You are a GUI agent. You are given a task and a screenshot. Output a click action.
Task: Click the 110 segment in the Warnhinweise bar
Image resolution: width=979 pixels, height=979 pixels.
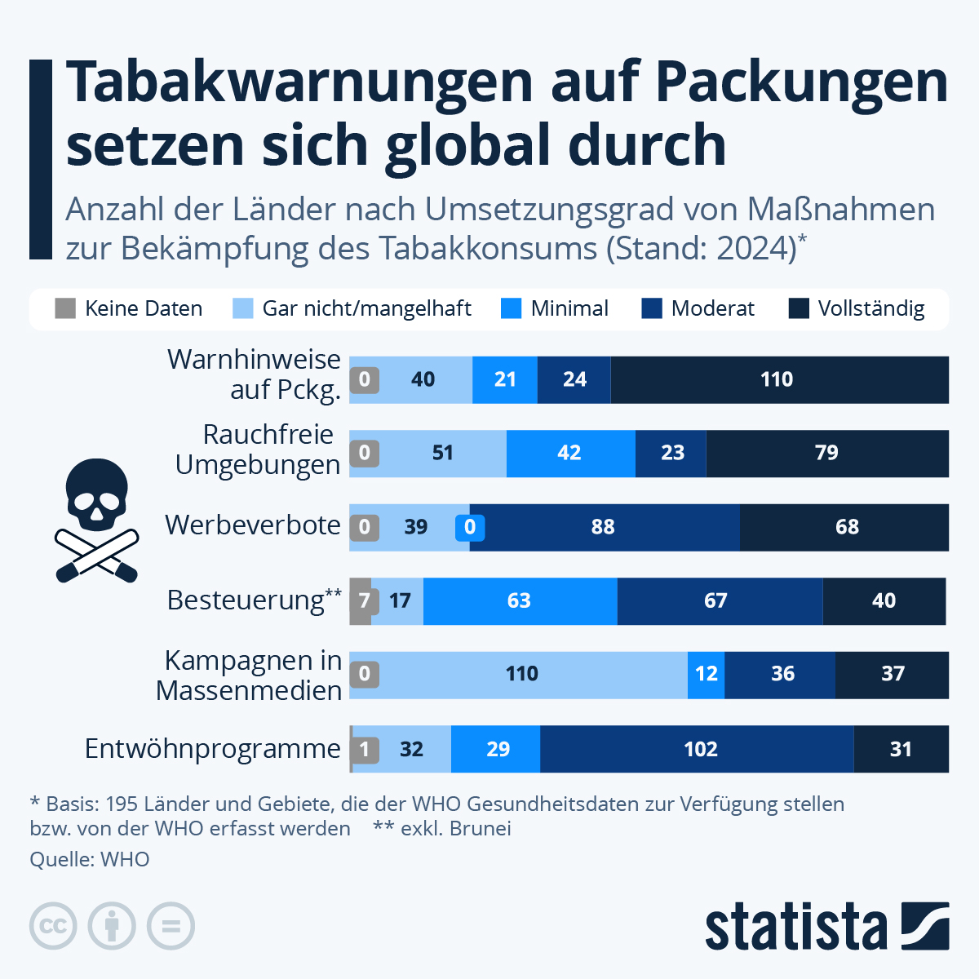point(779,379)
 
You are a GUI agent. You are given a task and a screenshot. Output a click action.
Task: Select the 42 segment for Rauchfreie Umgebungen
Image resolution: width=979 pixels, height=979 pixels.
point(570,454)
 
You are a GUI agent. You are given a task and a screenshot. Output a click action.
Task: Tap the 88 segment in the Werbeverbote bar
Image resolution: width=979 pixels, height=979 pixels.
point(605,527)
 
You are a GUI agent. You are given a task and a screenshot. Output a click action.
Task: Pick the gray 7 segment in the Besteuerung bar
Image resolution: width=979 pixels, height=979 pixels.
point(361,601)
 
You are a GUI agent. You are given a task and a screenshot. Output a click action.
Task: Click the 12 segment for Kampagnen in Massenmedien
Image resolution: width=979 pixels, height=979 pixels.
point(706,675)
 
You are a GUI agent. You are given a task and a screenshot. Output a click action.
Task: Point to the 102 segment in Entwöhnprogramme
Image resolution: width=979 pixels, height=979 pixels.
point(698,749)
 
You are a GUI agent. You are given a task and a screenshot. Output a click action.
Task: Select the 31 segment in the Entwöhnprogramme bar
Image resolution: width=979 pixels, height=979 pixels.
point(901,749)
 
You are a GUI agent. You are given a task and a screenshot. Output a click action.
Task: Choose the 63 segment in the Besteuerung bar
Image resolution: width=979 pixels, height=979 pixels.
point(520,601)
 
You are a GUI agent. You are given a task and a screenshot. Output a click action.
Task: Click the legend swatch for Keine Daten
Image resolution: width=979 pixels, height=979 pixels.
point(65,308)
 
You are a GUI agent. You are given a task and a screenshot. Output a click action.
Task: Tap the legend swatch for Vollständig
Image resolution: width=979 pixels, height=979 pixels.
point(799,308)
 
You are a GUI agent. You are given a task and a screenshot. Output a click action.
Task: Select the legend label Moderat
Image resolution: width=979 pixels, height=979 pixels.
point(712,308)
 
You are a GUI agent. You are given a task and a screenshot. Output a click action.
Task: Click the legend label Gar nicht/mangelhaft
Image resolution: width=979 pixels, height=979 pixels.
point(366,308)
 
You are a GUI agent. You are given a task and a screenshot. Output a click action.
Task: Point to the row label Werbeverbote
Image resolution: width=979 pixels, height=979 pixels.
point(252,525)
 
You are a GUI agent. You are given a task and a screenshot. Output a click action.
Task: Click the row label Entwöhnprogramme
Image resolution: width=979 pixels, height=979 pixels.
point(213,748)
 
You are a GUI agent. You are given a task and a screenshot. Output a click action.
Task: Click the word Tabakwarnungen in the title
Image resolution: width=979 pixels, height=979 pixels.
point(299,82)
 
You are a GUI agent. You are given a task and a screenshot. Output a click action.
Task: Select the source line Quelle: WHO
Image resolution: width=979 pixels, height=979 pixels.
point(90,859)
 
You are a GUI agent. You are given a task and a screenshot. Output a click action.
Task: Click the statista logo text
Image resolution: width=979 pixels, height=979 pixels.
point(795,927)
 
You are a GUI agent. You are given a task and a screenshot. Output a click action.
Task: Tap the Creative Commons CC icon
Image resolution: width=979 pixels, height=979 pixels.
point(53,926)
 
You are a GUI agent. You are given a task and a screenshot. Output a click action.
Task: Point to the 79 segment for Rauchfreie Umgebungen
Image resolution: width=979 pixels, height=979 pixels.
point(826,454)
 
